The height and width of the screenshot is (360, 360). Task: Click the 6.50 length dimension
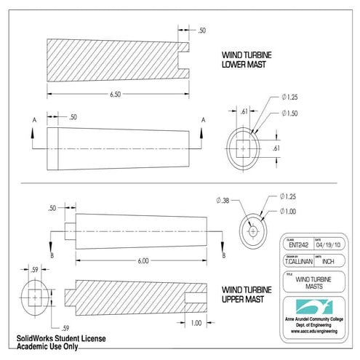115,95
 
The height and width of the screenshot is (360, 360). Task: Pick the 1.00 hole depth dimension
196,322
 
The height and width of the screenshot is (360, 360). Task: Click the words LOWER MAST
244,65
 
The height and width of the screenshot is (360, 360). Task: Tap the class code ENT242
299,245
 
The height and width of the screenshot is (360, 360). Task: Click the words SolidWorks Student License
62,340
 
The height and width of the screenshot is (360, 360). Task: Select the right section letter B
223,255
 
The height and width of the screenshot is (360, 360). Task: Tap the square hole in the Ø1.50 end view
243,147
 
